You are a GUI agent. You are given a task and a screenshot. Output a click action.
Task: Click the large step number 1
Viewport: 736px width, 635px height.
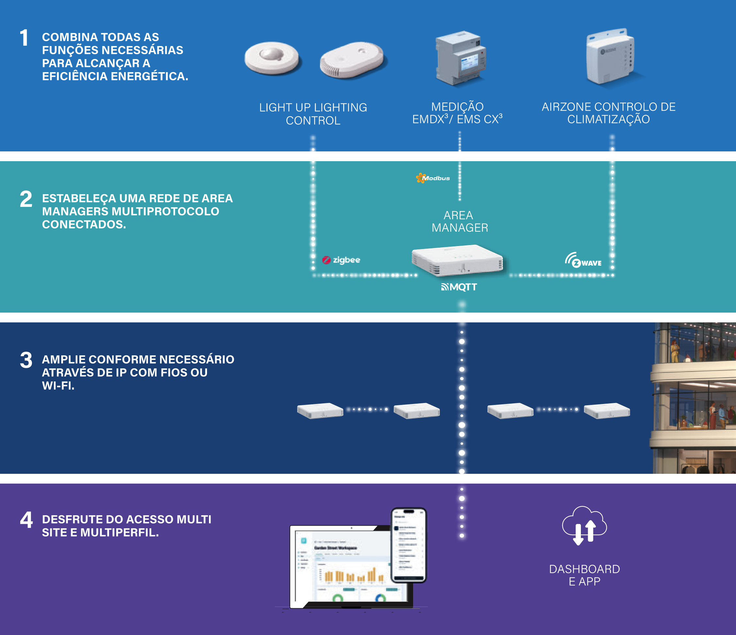(24, 38)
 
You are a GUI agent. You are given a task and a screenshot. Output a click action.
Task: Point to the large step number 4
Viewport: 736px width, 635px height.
(26, 520)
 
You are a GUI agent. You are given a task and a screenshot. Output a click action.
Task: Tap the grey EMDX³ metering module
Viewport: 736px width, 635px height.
(461, 58)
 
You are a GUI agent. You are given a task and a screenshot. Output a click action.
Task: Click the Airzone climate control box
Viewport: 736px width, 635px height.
(610, 57)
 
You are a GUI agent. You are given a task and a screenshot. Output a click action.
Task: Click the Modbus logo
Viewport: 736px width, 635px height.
(433, 178)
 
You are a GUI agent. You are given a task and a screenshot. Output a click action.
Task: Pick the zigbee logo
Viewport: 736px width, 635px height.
(341, 260)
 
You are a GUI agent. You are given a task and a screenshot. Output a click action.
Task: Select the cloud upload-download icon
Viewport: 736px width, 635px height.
(584, 525)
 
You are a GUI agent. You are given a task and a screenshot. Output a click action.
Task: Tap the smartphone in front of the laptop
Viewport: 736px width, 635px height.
(408, 545)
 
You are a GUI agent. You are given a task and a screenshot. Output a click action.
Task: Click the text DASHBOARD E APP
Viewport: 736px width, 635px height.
(584, 575)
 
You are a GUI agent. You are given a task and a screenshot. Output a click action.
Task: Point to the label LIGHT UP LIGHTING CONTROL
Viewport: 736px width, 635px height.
(313, 114)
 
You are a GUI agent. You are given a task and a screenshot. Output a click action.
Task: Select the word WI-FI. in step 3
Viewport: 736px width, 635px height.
(58, 386)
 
